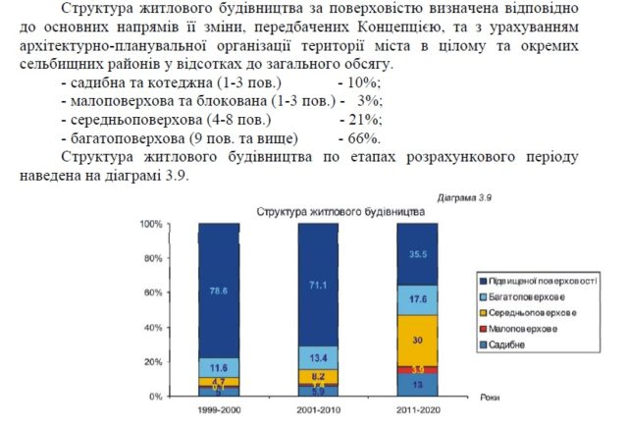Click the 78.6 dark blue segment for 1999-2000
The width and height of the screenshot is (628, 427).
219,291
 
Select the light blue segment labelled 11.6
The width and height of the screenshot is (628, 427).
219,366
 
